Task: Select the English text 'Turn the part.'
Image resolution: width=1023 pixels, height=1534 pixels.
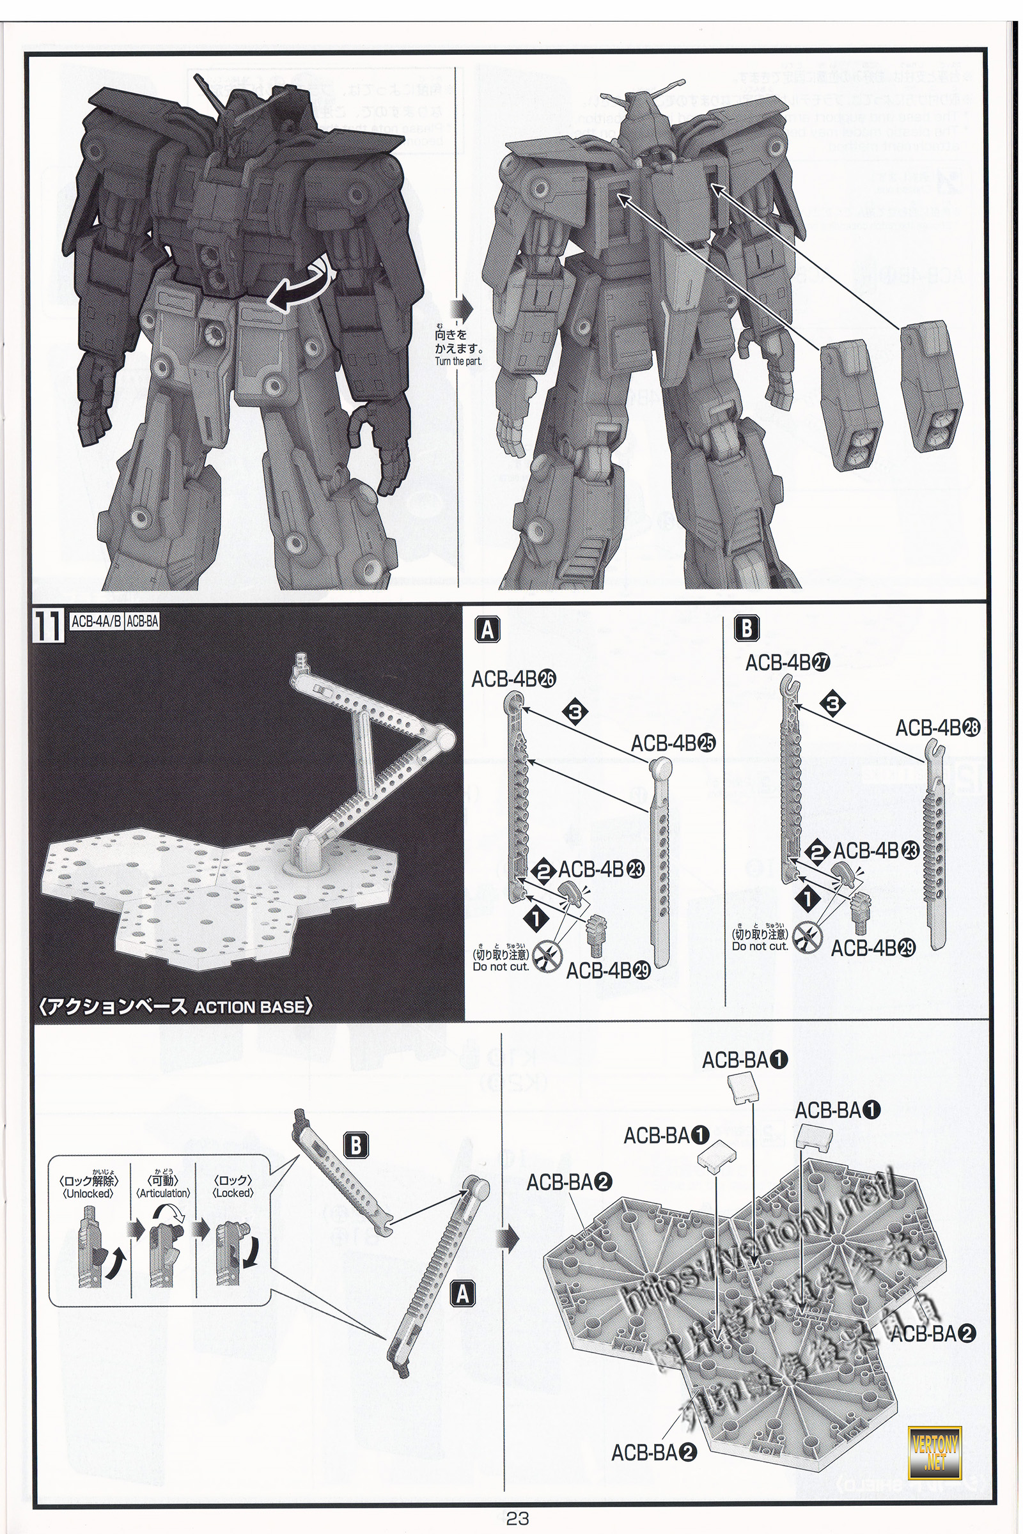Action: [x=458, y=361]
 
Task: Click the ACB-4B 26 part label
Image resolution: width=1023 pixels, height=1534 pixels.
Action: [x=513, y=679]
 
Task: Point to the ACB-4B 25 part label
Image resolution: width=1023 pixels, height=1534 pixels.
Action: [x=673, y=743]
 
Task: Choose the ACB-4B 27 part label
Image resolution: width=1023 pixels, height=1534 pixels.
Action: [x=788, y=663]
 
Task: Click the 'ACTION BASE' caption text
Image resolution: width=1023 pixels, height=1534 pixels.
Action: [x=251, y=1007]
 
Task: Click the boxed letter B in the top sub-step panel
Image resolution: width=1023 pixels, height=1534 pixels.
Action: [x=747, y=629]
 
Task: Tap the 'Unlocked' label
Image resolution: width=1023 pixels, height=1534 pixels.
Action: [x=88, y=1193]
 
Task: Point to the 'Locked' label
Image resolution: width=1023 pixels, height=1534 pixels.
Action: [x=233, y=1193]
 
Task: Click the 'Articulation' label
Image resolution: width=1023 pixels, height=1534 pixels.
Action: [x=163, y=1193]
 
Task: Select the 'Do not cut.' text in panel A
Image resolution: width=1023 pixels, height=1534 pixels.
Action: [x=501, y=966]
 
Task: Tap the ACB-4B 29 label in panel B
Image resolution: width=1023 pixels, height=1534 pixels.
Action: [x=873, y=949]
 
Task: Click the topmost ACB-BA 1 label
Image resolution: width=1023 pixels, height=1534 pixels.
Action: [x=744, y=1060]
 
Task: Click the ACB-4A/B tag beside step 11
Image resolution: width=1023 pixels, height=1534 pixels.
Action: [x=95, y=621]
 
